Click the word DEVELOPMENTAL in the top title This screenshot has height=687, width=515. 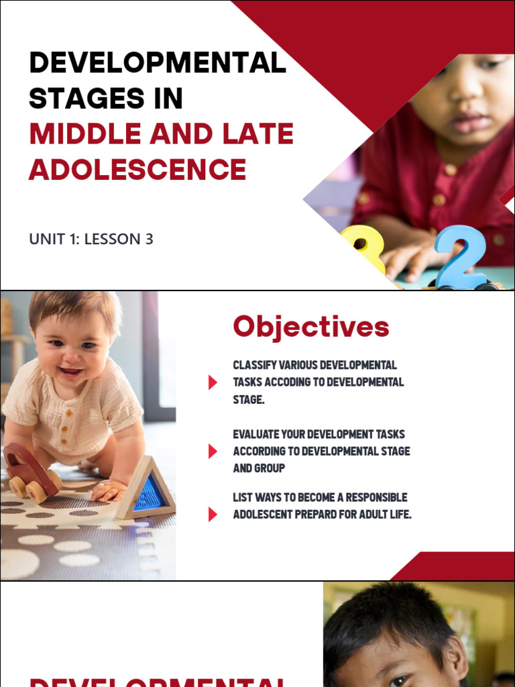158,64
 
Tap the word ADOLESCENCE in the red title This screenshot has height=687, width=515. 137,169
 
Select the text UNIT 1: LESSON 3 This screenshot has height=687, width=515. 91,239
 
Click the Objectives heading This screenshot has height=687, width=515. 310,327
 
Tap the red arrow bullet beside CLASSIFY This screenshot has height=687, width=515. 213,382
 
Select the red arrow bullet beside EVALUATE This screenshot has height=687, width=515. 213,451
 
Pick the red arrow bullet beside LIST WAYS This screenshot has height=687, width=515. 213,515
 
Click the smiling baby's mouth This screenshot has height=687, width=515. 72,371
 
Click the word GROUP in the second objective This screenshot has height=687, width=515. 269,468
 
